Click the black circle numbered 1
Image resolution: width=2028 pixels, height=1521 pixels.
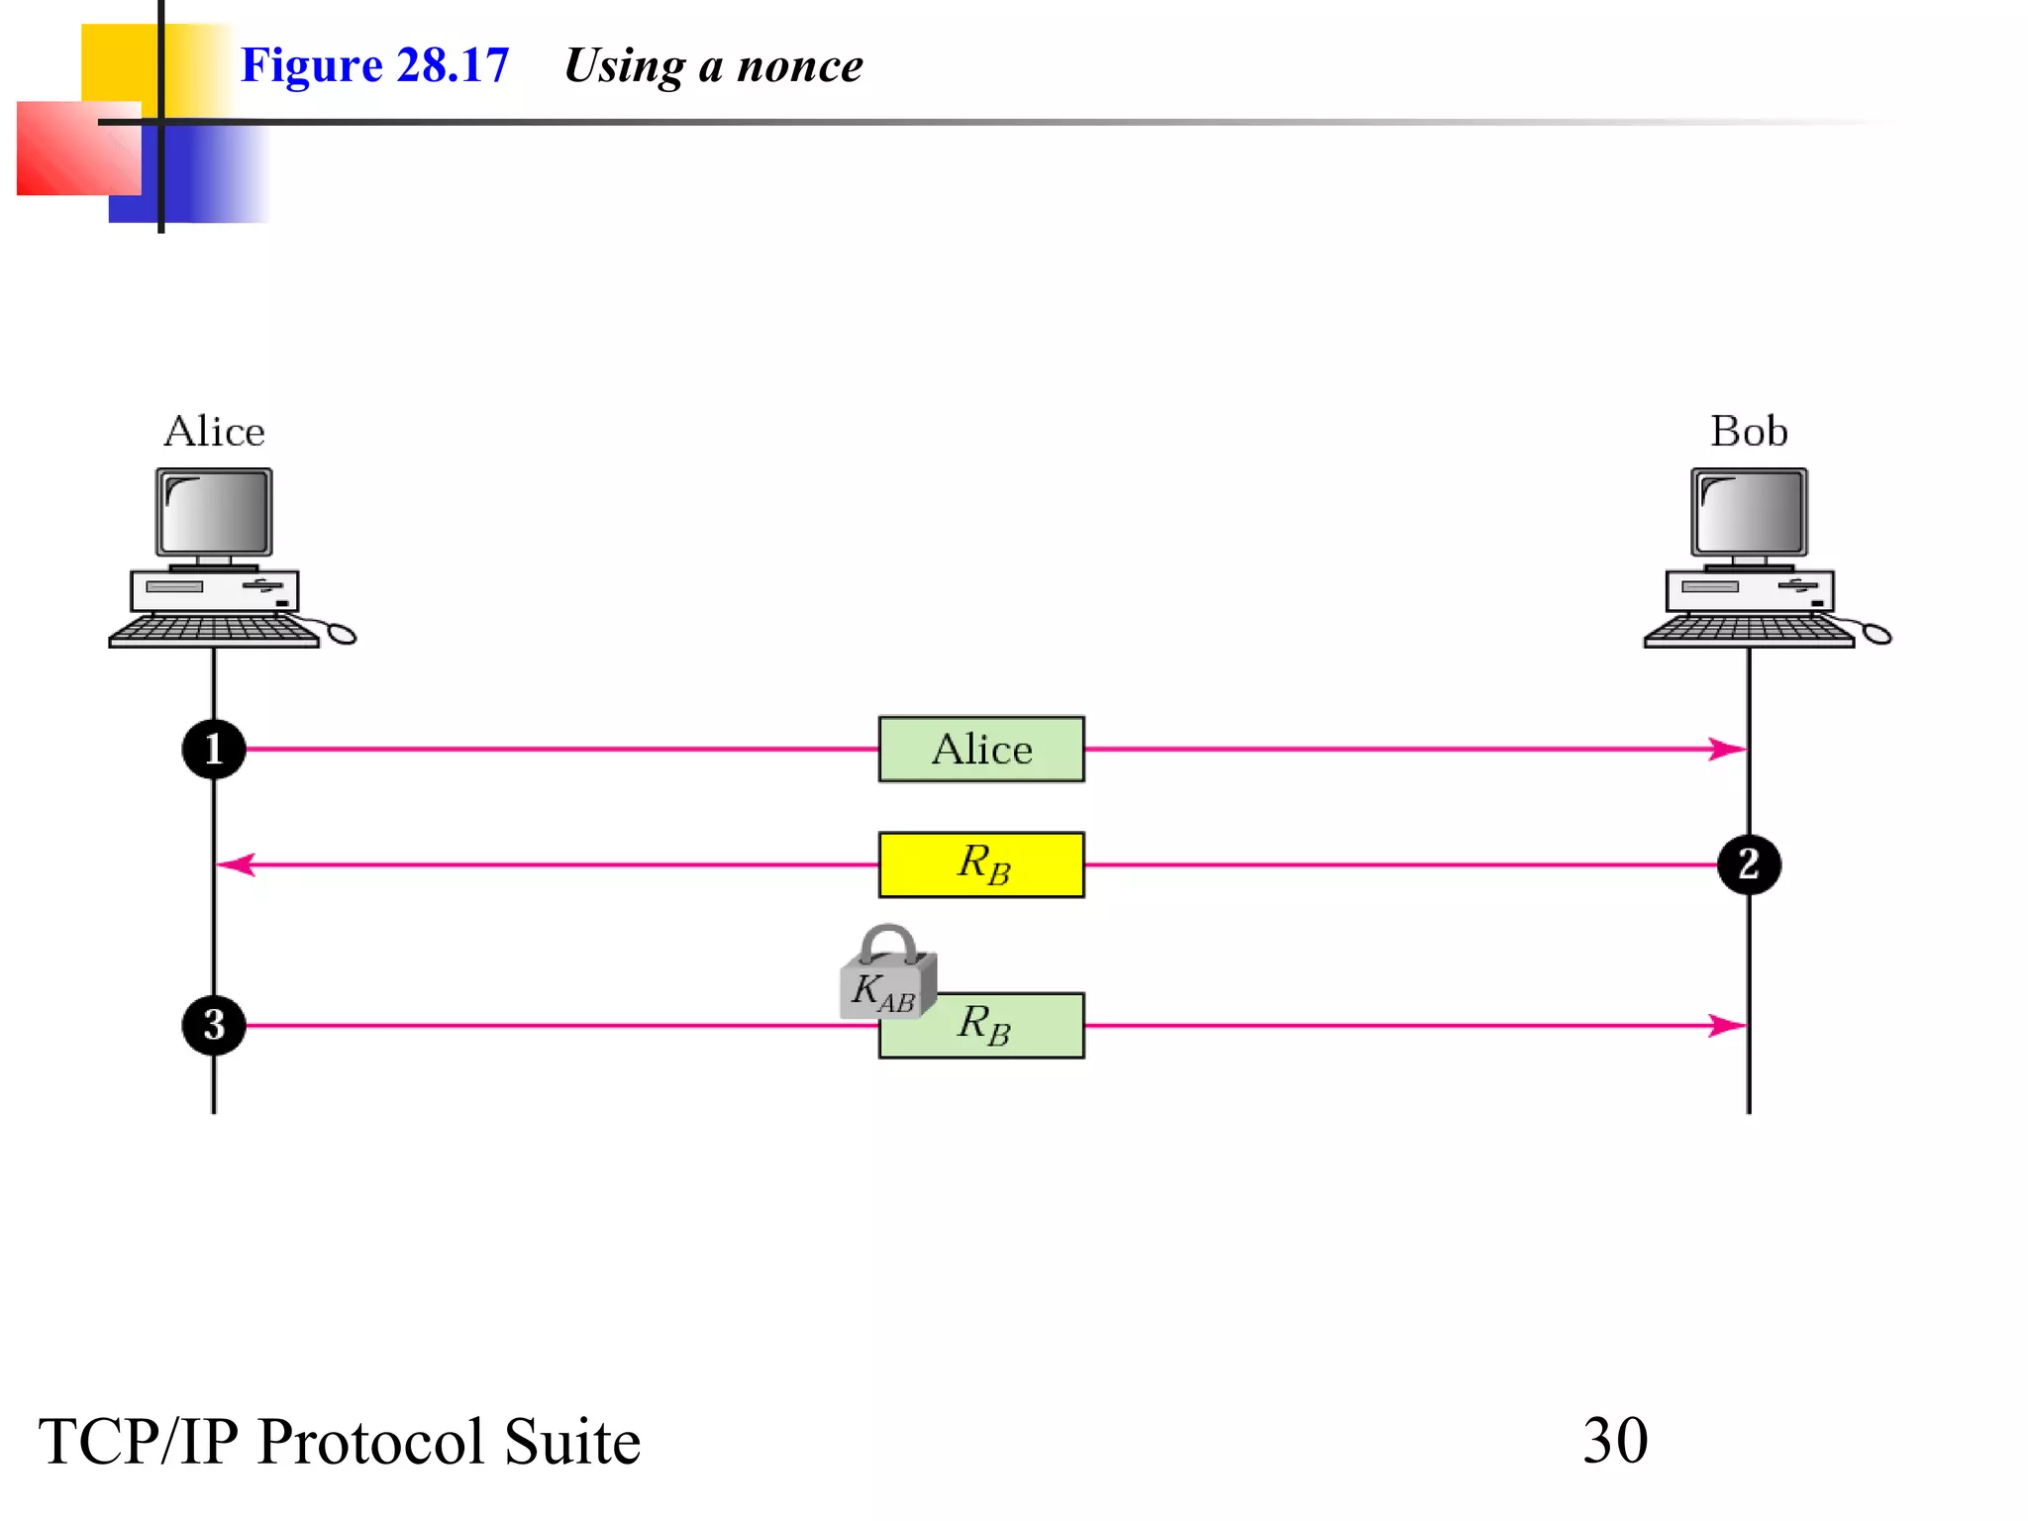[x=214, y=749]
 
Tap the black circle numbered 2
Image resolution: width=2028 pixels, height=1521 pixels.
[x=1749, y=864]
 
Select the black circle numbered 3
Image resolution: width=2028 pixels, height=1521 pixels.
[x=214, y=1025]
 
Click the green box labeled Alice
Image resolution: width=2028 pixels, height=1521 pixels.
[x=981, y=750]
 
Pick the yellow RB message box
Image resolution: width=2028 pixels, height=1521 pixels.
[x=981, y=864]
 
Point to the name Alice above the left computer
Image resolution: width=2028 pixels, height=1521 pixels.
[x=214, y=432]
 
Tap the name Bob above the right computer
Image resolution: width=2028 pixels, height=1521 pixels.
[x=1749, y=432]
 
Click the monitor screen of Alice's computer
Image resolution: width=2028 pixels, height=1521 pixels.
[x=214, y=512]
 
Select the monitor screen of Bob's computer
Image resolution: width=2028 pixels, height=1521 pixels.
[x=1749, y=512]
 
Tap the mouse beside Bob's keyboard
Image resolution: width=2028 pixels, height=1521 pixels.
[x=1876, y=634]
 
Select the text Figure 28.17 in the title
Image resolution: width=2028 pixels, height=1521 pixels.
[x=374, y=66]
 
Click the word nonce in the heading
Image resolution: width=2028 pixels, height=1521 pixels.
[x=800, y=66]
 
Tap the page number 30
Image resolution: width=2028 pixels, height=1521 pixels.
[x=1615, y=1441]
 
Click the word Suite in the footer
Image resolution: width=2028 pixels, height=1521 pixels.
[x=571, y=1442]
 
